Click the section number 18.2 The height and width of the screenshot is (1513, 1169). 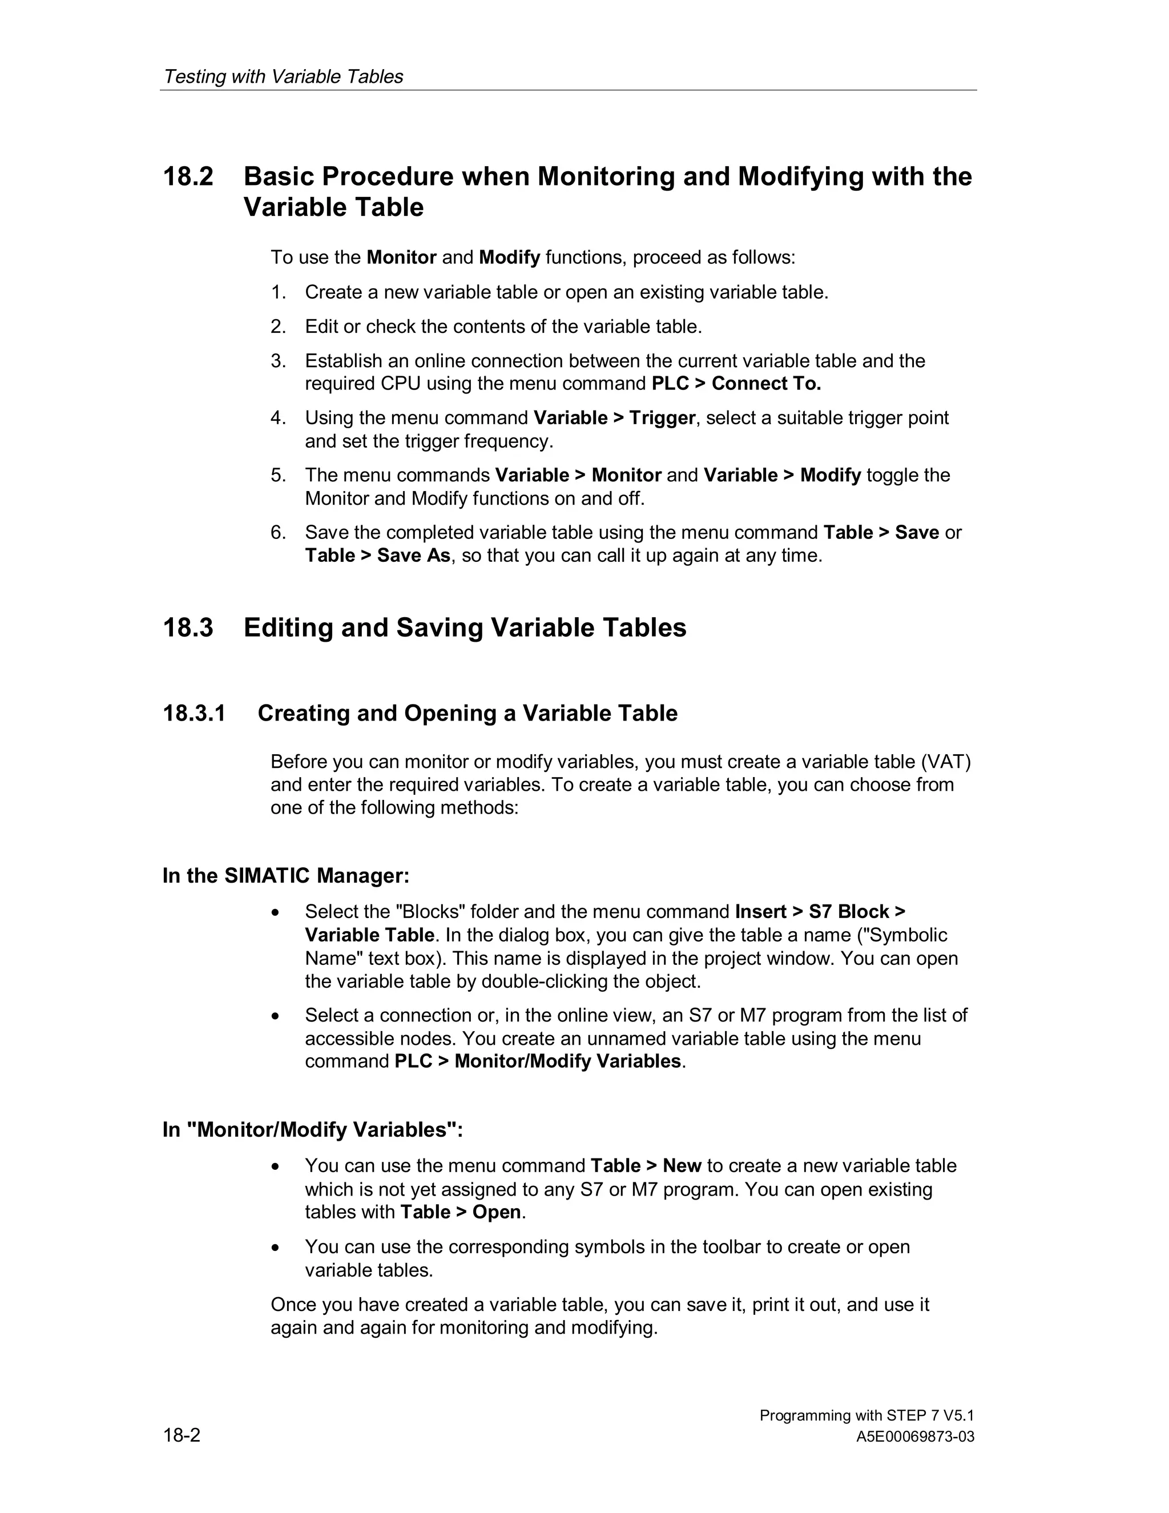[x=188, y=176]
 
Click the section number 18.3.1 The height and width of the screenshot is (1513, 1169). [x=194, y=714]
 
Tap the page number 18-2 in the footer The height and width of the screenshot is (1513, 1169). [x=182, y=1435]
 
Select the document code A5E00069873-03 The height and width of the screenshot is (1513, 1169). [x=915, y=1437]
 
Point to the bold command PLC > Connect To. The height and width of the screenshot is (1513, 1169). [x=736, y=384]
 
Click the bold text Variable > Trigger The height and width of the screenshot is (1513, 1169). [x=614, y=419]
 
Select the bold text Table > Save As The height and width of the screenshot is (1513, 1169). [x=377, y=556]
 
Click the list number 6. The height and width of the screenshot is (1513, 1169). [x=278, y=533]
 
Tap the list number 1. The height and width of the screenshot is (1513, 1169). [x=278, y=292]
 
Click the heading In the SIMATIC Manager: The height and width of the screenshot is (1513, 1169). [x=286, y=876]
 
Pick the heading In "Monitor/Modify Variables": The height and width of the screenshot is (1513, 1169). [x=312, y=1130]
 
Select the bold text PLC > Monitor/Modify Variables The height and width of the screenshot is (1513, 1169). [x=537, y=1061]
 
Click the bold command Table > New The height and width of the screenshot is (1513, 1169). [x=646, y=1166]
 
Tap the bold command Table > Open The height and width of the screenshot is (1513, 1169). [x=461, y=1212]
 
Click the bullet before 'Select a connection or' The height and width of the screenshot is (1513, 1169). [x=276, y=1016]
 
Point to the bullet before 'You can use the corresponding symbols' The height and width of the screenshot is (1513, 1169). [x=276, y=1248]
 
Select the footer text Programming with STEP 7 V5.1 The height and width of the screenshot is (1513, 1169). [x=866, y=1415]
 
